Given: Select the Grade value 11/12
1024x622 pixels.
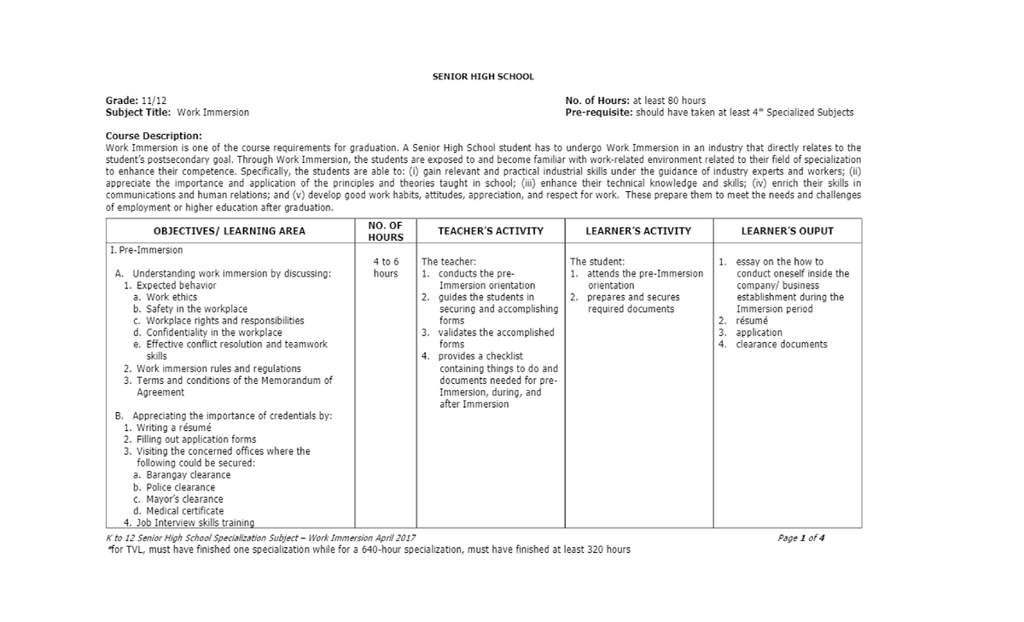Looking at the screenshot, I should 155,101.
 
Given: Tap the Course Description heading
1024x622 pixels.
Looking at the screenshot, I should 154,136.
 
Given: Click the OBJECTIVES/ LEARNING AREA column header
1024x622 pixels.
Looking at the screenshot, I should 229,231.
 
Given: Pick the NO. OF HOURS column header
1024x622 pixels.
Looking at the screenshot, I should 385,231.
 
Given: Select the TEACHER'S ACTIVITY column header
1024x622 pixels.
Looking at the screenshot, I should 490,231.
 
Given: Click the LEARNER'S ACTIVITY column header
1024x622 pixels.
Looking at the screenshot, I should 638,231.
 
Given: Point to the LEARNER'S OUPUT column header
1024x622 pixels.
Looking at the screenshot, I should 787,231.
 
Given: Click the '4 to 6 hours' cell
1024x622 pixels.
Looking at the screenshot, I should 386,267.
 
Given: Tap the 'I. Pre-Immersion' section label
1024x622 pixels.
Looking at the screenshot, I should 146,251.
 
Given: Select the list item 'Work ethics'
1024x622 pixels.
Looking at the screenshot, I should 172,297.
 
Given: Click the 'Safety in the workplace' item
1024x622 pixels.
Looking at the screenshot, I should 196,309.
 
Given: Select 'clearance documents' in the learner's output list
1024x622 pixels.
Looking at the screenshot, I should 782,345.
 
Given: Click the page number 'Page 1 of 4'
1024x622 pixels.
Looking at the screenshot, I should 801,538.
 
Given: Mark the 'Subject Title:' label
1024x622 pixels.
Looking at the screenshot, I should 137,113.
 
